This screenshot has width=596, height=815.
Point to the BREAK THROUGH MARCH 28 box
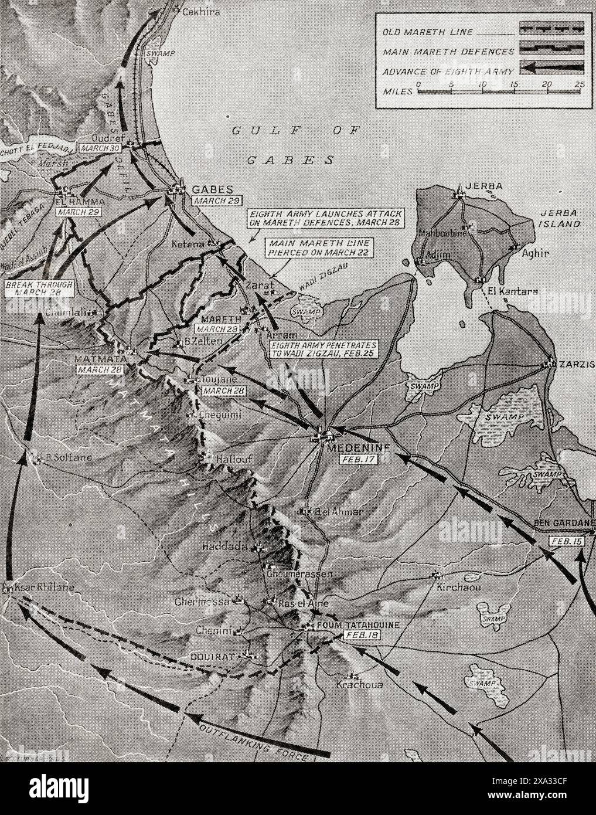(39, 289)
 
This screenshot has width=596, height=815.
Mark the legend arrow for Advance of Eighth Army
(551, 67)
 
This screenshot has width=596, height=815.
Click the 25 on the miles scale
(580, 85)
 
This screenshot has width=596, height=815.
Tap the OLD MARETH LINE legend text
(428, 33)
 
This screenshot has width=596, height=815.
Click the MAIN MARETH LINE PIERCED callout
(305, 247)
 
